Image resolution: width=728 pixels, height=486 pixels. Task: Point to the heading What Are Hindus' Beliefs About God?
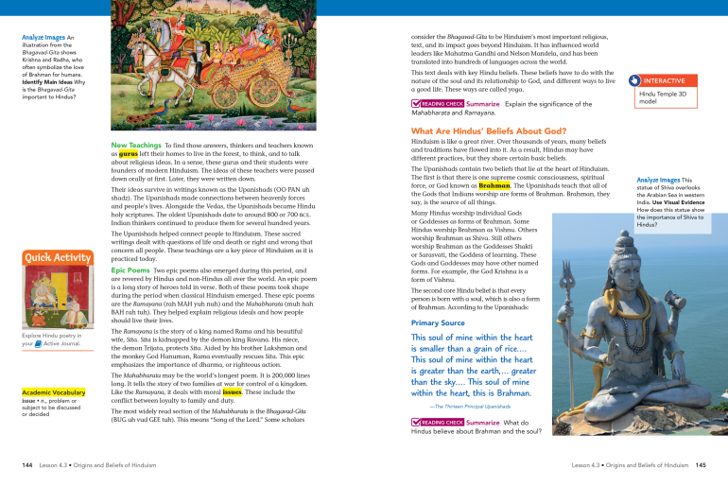pyautogui.click(x=489, y=130)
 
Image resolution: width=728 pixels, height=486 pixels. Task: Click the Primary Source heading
pyautogui.click(x=438, y=322)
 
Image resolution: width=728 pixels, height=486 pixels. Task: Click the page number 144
pyautogui.click(x=28, y=465)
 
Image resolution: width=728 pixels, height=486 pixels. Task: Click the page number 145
pyautogui.click(x=701, y=465)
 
